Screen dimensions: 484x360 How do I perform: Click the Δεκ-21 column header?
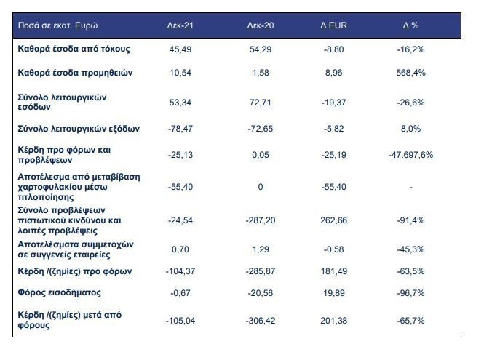click(x=180, y=25)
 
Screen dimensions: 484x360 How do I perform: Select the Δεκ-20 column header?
click(x=261, y=25)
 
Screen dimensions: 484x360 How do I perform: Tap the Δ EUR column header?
click(x=333, y=25)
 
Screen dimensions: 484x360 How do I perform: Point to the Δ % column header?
click(x=410, y=25)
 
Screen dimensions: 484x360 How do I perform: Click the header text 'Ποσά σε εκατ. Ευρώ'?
click(x=57, y=25)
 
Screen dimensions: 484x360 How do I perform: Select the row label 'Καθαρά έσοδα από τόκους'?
click(x=74, y=49)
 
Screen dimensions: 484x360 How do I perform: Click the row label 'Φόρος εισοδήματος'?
click(x=59, y=292)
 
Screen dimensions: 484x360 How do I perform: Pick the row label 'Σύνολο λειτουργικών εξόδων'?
click(x=79, y=129)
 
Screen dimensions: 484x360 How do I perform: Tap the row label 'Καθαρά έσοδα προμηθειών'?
click(x=75, y=73)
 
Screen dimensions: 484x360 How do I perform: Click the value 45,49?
click(x=180, y=49)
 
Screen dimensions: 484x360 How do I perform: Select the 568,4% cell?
click(x=410, y=73)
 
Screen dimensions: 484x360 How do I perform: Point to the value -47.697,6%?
click(x=410, y=155)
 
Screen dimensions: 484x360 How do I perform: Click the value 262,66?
click(x=333, y=220)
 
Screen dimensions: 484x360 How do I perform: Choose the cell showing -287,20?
click(x=261, y=220)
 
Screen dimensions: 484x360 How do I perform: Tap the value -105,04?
click(x=180, y=321)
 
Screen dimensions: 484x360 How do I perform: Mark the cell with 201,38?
click(x=333, y=321)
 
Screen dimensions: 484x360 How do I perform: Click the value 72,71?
click(x=261, y=103)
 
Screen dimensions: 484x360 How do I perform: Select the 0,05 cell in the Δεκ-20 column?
click(x=261, y=155)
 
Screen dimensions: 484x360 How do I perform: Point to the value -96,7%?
click(x=410, y=293)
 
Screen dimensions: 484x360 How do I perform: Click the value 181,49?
click(x=333, y=271)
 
